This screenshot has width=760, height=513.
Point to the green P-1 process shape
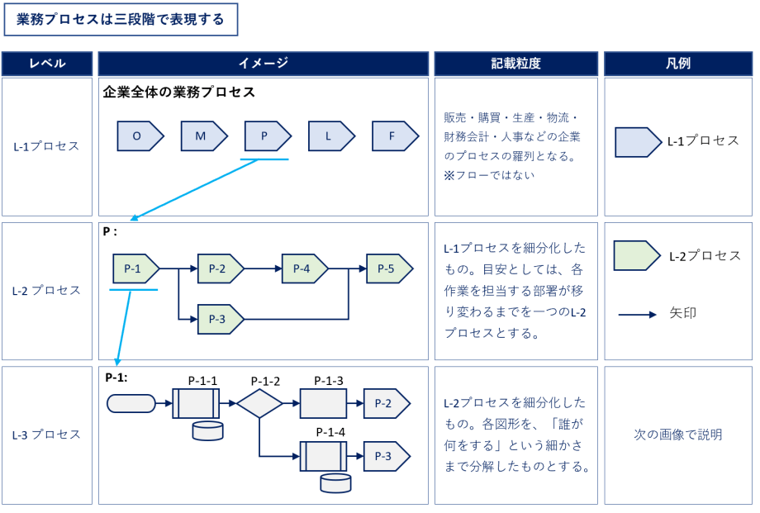135,268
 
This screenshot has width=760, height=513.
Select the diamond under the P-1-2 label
259,403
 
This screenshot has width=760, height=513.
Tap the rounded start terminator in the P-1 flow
131,403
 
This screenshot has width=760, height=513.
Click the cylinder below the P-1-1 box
207,430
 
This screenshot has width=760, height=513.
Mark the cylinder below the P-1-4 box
335,483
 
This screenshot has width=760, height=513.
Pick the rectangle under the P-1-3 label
323,403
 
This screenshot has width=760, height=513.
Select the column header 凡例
678,64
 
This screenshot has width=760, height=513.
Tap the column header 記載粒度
515,64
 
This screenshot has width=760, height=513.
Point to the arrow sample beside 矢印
638,315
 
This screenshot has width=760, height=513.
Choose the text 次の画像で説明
678,435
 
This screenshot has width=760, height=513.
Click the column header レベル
47,64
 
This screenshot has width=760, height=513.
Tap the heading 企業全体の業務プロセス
179,93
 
